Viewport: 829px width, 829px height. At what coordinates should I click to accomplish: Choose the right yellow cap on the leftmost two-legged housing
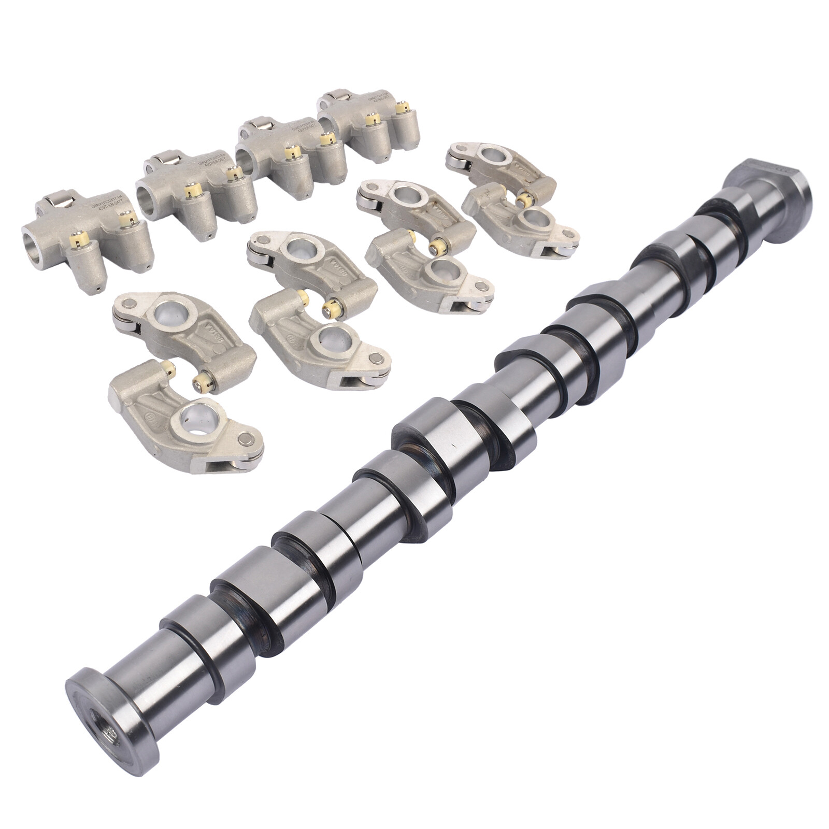click(124, 219)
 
